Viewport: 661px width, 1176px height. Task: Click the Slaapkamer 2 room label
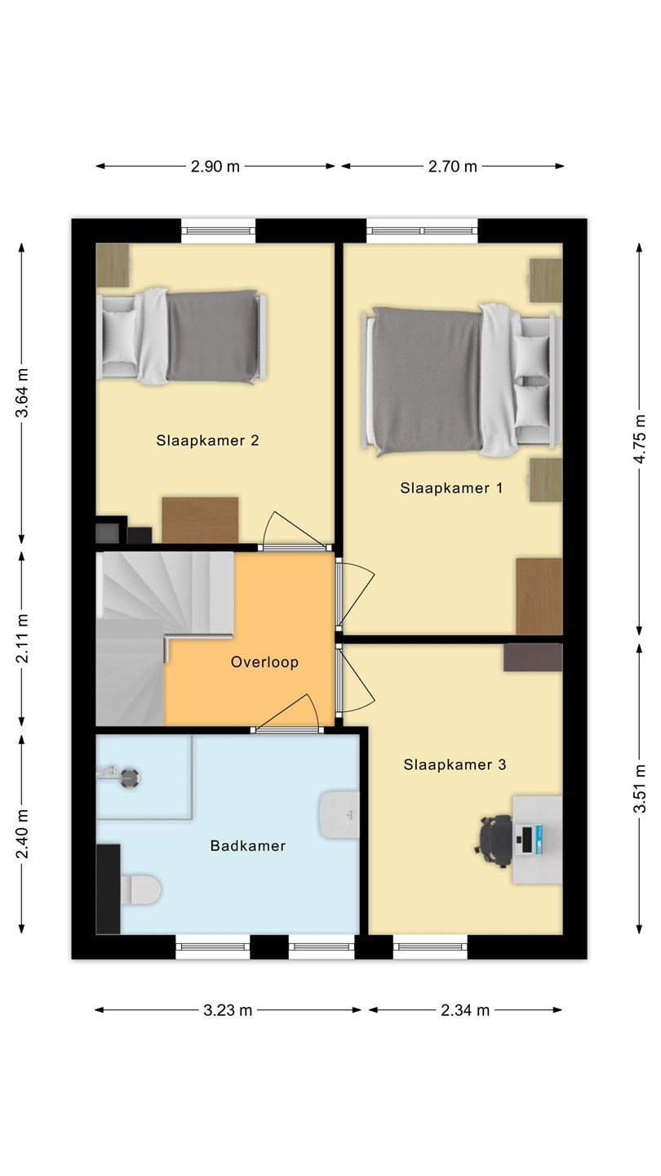pyautogui.click(x=208, y=440)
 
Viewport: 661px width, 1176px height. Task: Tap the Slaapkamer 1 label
pyautogui.click(x=452, y=488)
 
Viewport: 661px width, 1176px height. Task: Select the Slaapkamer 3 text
pyautogui.click(x=455, y=765)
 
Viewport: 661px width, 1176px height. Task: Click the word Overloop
pyautogui.click(x=265, y=662)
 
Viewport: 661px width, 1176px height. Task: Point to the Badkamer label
pyautogui.click(x=248, y=846)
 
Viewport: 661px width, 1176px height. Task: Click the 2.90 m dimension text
pyautogui.click(x=215, y=167)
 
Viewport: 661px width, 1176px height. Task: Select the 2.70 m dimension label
pyautogui.click(x=453, y=167)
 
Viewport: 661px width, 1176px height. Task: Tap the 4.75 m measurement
pyautogui.click(x=640, y=439)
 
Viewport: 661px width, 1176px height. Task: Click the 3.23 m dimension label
pyautogui.click(x=228, y=1010)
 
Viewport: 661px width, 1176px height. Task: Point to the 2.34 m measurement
pyautogui.click(x=465, y=1010)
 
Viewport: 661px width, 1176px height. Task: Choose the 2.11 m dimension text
pyautogui.click(x=21, y=639)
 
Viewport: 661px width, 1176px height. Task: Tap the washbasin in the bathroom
pyautogui.click(x=339, y=815)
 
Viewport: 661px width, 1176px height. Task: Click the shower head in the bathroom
pyautogui.click(x=129, y=777)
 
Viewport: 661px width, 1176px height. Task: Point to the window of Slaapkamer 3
pyautogui.click(x=430, y=947)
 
